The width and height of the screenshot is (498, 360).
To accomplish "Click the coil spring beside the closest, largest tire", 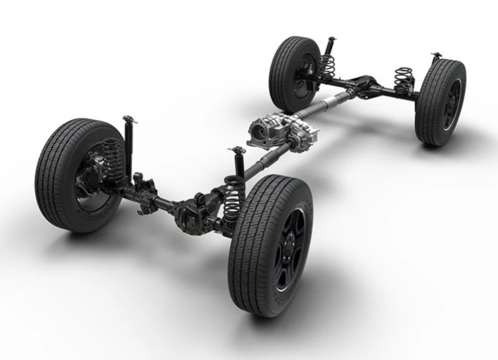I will (x=233, y=200).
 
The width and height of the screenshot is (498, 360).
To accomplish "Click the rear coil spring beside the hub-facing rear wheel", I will (x=327, y=66).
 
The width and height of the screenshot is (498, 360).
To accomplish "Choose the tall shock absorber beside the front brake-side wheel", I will (x=128, y=144).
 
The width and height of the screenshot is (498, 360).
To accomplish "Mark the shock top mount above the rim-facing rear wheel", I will (x=436, y=56).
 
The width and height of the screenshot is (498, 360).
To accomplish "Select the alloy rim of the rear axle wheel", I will (x=452, y=105).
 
